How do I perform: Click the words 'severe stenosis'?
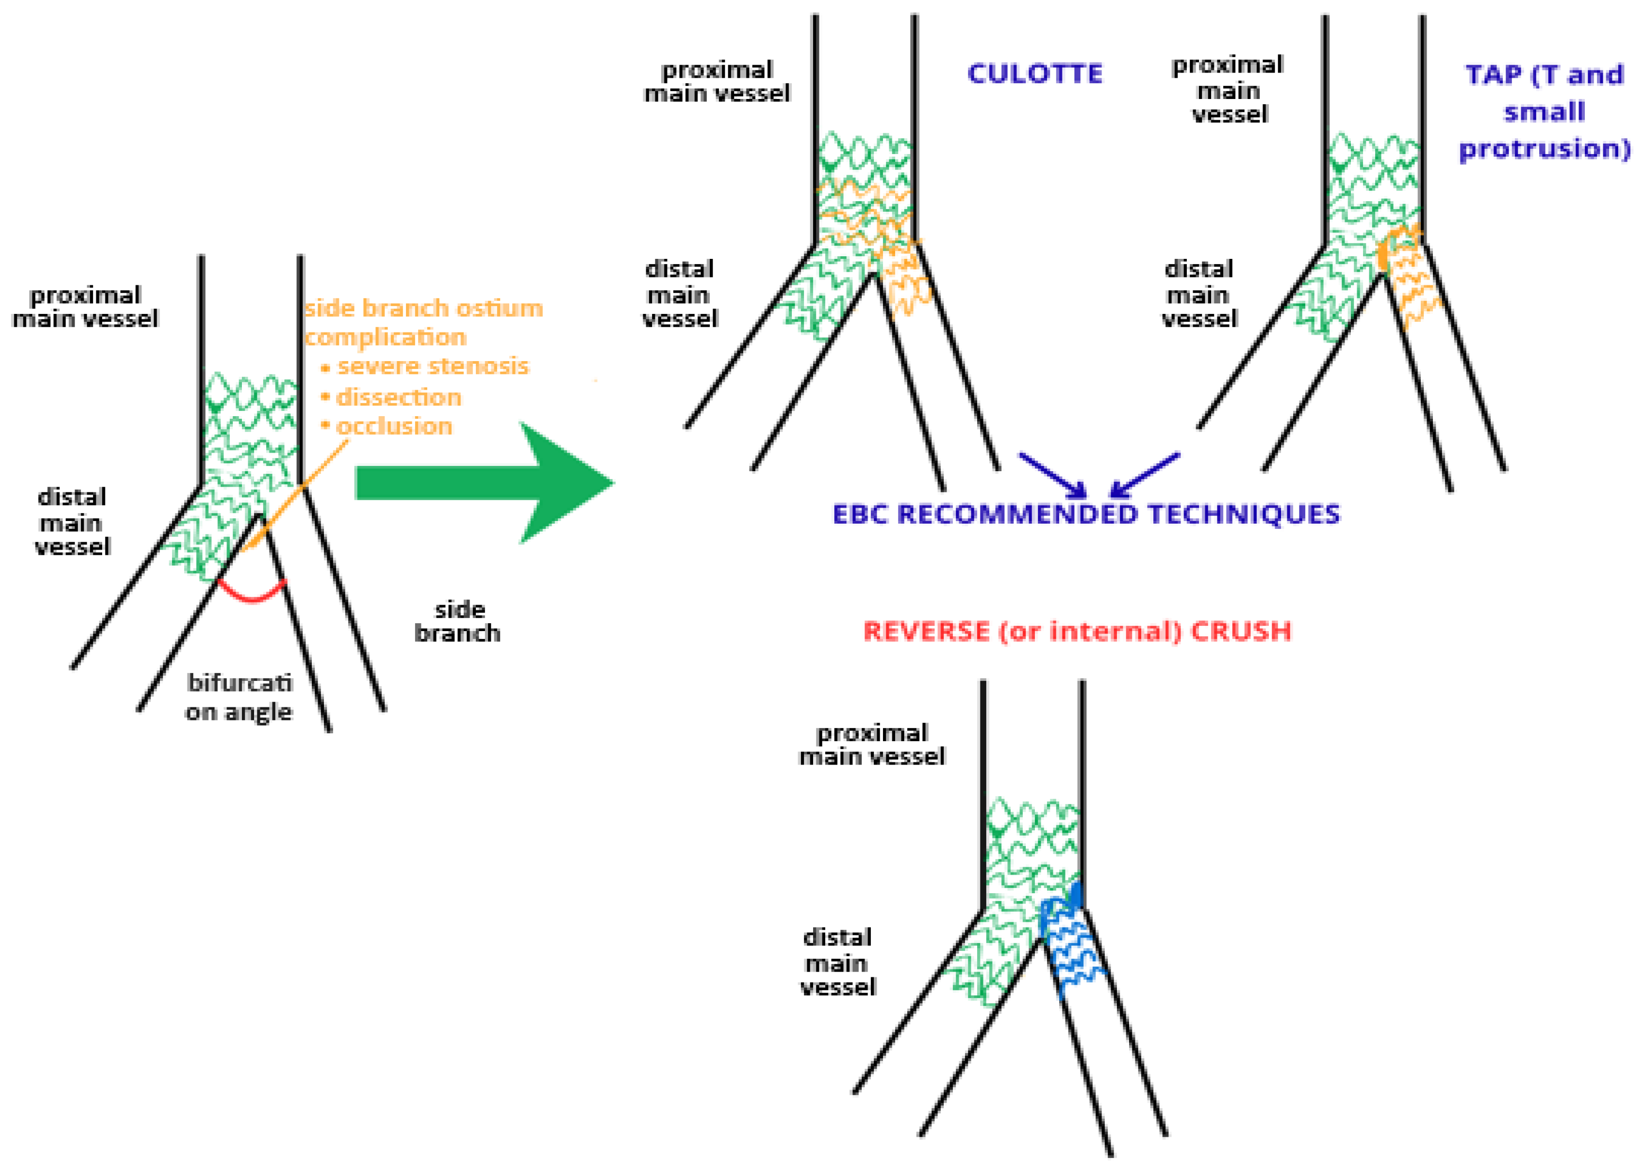pyautogui.click(x=432, y=366)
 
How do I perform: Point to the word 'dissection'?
pyautogui.click(x=399, y=398)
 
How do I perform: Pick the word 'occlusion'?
pyautogui.click(x=394, y=427)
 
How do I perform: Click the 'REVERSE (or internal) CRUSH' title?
pyautogui.click(x=1077, y=631)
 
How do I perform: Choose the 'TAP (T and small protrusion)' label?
pyautogui.click(x=1544, y=112)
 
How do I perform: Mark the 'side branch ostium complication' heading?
pyautogui.click(x=422, y=322)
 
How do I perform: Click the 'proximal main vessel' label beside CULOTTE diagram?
pyautogui.click(x=717, y=82)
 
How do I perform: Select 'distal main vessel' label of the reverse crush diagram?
pyautogui.click(x=837, y=961)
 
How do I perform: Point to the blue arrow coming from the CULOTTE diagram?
pyautogui.click(x=1052, y=475)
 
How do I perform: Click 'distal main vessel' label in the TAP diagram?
pyautogui.click(x=1199, y=294)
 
